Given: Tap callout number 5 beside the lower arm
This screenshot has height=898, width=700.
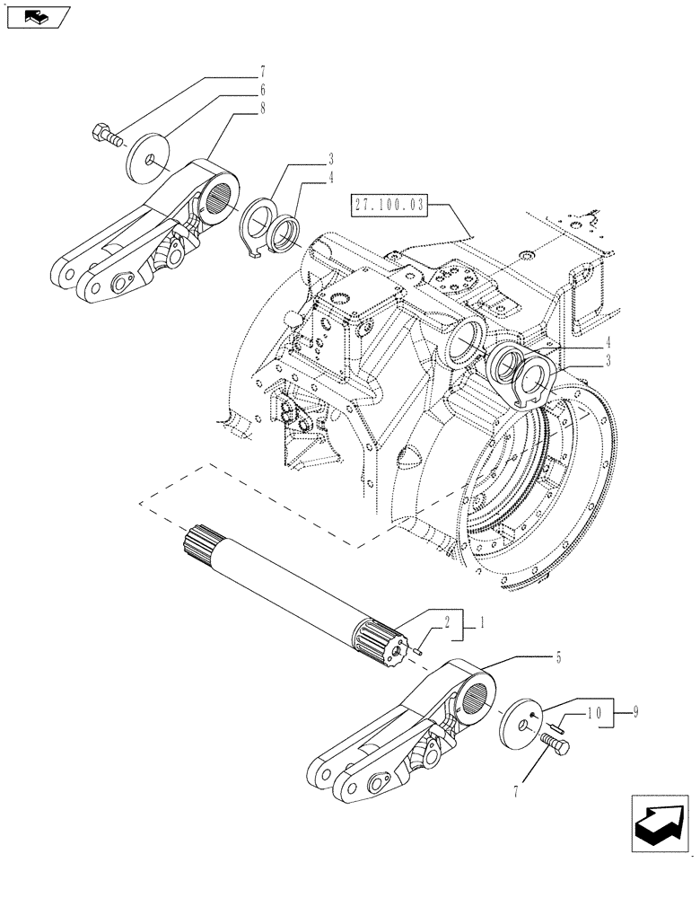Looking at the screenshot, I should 558,658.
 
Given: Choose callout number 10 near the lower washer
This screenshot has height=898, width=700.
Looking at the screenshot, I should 592,713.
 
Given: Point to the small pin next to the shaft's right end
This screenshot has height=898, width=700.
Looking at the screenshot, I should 420,650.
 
